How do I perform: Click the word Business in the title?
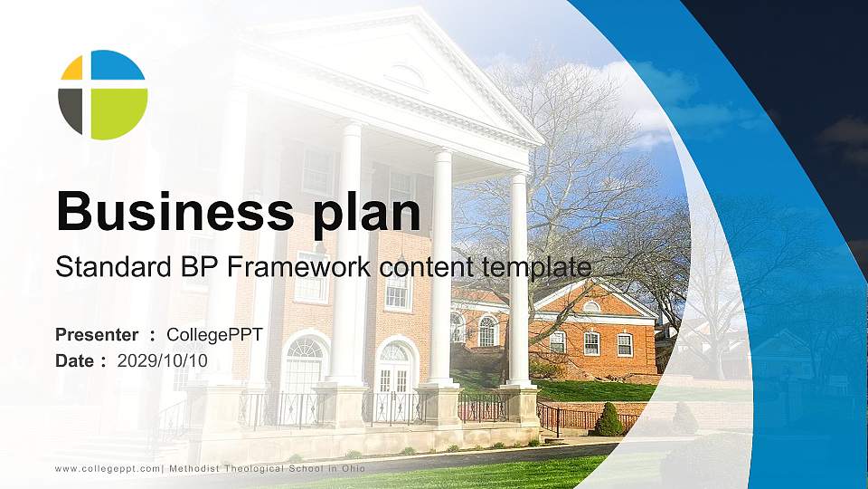point(175,211)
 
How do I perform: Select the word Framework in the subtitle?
point(299,266)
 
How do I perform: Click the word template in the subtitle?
point(536,268)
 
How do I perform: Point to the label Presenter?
point(97,334)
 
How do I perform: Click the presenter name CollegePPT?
point(215,335)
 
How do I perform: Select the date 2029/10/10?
point(162,361)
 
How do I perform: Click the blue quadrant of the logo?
point(118,65)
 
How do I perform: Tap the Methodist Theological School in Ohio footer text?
point(268,468)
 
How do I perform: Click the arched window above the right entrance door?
point(394,351)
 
